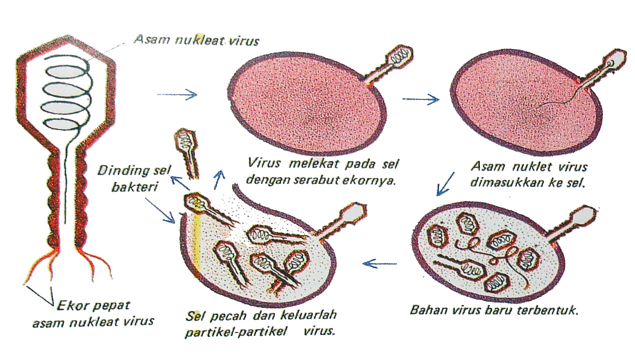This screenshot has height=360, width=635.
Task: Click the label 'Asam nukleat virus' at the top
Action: (x=196, y=40)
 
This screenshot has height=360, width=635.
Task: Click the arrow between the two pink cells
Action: (x=420, y=99)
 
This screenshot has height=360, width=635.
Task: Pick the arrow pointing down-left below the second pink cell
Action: (x=445, y=183)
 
